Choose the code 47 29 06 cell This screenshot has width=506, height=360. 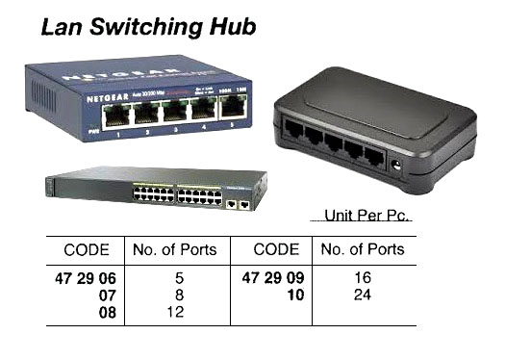click(x=86, y=278)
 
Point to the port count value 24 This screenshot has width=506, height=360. click(x=362, y=295)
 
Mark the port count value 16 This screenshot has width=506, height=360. click(x=362, y=278)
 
